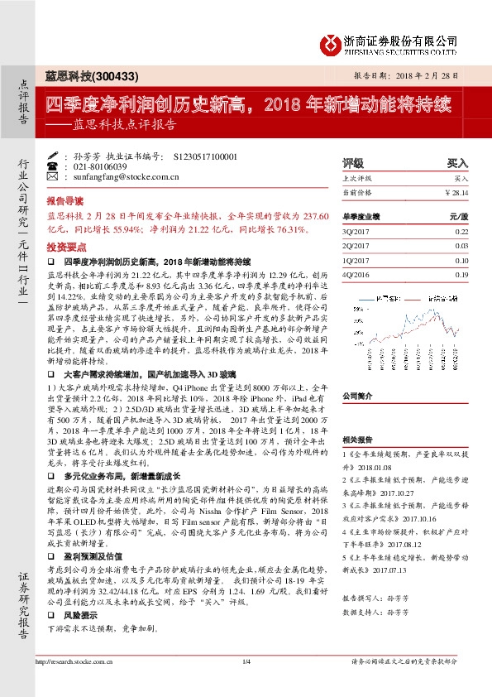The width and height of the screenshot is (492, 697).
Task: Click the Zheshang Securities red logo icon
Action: coord(332,41)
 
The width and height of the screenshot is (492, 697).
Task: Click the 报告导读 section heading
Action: coord(65,201)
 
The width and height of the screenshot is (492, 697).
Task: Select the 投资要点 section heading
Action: coord(65,247)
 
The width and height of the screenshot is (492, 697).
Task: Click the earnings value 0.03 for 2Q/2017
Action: coord(461,245)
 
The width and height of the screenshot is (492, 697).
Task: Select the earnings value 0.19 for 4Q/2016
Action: coord(461,273)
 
